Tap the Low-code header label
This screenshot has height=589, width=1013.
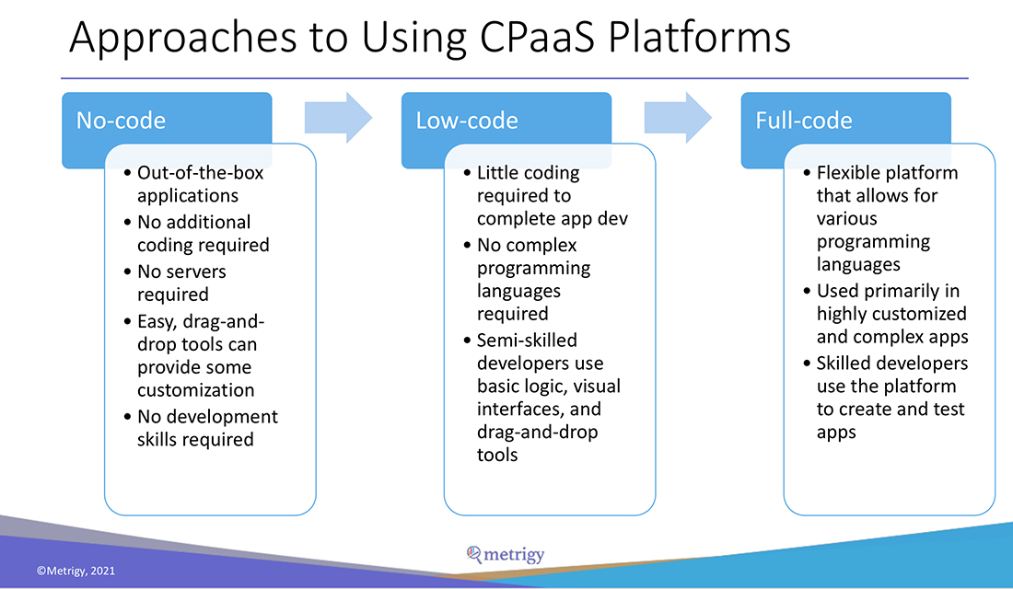coord(466,121)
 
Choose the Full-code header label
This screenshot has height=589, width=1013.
coord(803,121)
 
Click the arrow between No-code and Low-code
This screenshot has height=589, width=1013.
coord(338,117)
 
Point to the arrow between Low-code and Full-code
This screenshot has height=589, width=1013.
coord(678,117)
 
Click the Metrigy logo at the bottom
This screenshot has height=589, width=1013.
coord(506,554)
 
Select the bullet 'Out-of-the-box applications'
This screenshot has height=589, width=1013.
coord(200,183)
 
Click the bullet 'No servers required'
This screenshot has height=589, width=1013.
coord(180,283)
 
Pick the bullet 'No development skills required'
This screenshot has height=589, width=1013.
coord(206,428)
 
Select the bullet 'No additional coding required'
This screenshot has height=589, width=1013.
coord(203,233)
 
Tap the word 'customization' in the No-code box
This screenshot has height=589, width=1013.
coord(195,389)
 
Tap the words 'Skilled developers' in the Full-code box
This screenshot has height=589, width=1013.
coord(891,363)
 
